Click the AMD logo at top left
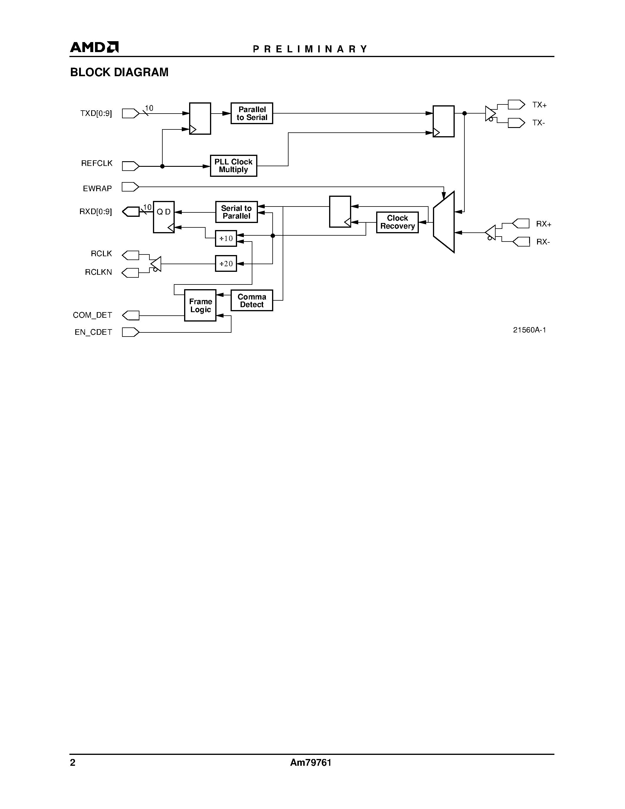pos(94,47)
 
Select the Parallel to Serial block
pos(252,113)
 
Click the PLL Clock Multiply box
pos(233,166)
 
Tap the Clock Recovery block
pos(397,222)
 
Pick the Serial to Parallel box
pos(236,212)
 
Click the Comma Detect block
pos(252,300)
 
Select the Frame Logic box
pos(200,306)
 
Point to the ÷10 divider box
pos(226,239)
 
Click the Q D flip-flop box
pos(164,217)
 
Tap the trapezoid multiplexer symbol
pos(444,222)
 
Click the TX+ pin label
pos(539,105)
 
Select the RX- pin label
pos(543,242)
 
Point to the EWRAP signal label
pos(97,189)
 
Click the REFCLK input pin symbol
pos(130,166)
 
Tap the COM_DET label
pos(93,315)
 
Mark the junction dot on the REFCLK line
pos(162,166)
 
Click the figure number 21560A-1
pos(529,330)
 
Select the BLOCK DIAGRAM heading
pos(119,72)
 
